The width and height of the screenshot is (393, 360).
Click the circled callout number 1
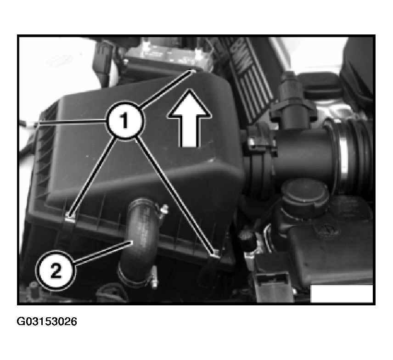125,120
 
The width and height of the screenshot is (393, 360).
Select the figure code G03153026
47,321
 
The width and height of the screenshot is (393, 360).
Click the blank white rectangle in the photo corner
342,293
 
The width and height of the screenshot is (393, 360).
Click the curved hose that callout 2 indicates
138,241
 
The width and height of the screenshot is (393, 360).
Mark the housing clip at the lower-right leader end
215,254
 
